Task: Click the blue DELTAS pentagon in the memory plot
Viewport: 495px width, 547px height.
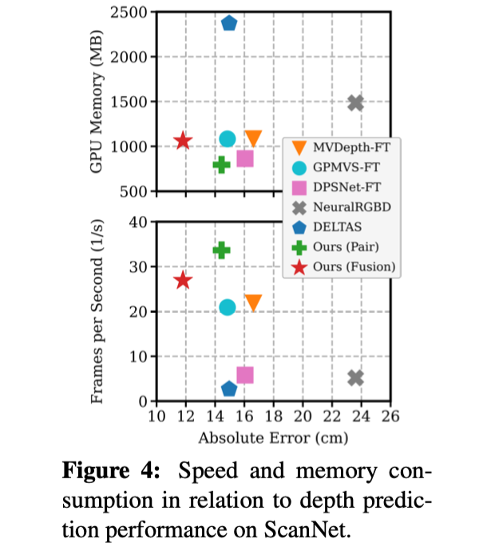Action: click(229, 23)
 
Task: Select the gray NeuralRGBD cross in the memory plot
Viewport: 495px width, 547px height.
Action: click(356, 103)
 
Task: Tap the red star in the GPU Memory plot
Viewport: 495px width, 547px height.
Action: click(183, 141)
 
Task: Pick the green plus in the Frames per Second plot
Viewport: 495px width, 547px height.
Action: click(221, 250)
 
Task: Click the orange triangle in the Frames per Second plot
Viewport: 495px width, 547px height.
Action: click(253, 302)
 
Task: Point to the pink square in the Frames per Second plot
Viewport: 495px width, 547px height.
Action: click(245, 375)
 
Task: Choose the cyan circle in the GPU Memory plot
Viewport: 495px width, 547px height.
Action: click(228, 139)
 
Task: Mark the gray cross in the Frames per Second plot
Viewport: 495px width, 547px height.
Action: click(356, 377)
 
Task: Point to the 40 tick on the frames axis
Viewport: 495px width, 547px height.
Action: click(140, 222)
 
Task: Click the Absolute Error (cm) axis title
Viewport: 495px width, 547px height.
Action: click(273, 437)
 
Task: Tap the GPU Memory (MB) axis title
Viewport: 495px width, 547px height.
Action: click(97, 102)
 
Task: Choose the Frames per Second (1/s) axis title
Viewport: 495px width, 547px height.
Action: click(97, 311)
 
